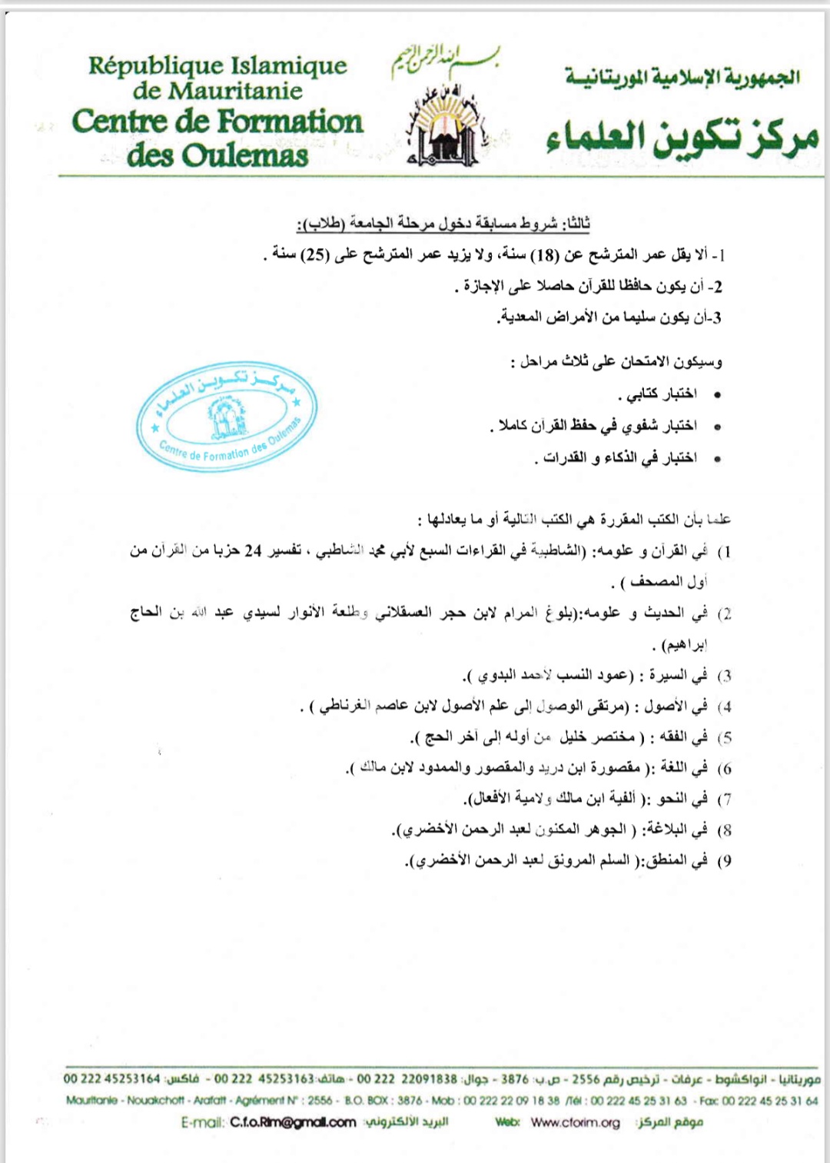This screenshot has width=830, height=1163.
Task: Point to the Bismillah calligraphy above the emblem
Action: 445,60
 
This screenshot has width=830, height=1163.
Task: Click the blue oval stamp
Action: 227,416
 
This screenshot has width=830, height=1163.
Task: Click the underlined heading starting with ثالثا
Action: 443,224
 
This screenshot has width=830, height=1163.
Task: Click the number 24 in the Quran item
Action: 253,551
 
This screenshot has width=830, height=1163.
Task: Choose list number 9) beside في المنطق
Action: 724,861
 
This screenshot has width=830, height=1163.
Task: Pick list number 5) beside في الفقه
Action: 724,738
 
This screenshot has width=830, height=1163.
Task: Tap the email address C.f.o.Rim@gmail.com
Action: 293,1122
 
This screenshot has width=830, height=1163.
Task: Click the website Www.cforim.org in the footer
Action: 575,1122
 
